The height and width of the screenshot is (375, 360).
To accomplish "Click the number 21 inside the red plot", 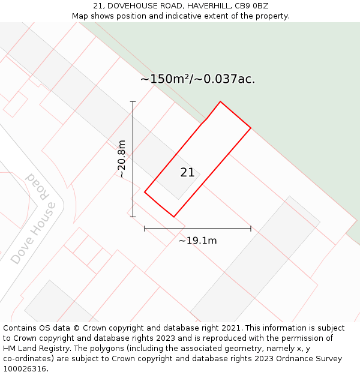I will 187,173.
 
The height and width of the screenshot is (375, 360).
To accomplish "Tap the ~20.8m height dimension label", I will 121,159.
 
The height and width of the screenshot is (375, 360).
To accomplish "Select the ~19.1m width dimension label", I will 197,241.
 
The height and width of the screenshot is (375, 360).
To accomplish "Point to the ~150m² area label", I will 197,79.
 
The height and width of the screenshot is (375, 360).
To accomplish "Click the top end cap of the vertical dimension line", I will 133,102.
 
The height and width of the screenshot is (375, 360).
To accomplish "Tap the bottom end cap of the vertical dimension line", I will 133,217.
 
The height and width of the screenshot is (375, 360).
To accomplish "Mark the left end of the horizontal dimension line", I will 145,229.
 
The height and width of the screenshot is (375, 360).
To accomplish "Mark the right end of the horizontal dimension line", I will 251,229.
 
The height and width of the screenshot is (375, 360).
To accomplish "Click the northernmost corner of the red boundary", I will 220,101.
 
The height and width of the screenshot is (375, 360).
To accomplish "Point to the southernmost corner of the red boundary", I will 174,217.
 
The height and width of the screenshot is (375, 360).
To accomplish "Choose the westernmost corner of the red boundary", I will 145,192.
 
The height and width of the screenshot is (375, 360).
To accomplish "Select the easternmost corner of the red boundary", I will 251,128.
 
